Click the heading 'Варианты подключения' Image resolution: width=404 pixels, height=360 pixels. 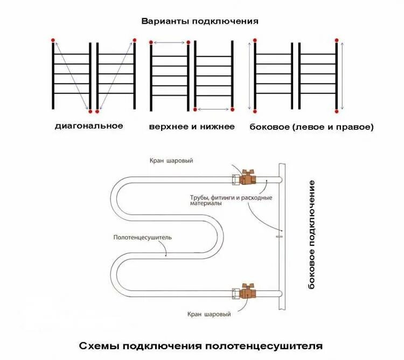pos(200,22)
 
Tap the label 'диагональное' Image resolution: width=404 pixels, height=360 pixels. pos(89,126)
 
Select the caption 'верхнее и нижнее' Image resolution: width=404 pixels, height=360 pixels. pos(192,127)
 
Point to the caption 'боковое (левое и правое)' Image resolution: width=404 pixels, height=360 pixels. pos(311,127)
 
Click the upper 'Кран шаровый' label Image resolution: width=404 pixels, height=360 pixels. pos(171,161)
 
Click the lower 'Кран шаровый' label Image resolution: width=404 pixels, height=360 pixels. pos(210,314)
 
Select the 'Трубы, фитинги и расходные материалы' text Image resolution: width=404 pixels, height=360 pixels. pos(231,200)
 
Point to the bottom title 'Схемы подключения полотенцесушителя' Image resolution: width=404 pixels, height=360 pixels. pos(201,345)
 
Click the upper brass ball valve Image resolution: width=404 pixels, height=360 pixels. pos(248,177)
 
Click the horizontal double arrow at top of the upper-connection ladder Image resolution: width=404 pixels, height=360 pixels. pos(169,43)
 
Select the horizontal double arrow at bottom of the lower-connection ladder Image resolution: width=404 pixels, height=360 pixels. pos(213,109)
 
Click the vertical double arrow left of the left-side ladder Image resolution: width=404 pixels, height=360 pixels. pos(249,75)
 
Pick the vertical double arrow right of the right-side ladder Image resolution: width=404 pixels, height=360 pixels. pos(342,75)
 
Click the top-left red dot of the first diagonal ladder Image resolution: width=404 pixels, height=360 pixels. pos(53,40)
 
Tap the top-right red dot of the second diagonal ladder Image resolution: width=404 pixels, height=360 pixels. pos(134,40)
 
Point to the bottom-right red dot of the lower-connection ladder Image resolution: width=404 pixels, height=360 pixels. pos(233,109)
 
